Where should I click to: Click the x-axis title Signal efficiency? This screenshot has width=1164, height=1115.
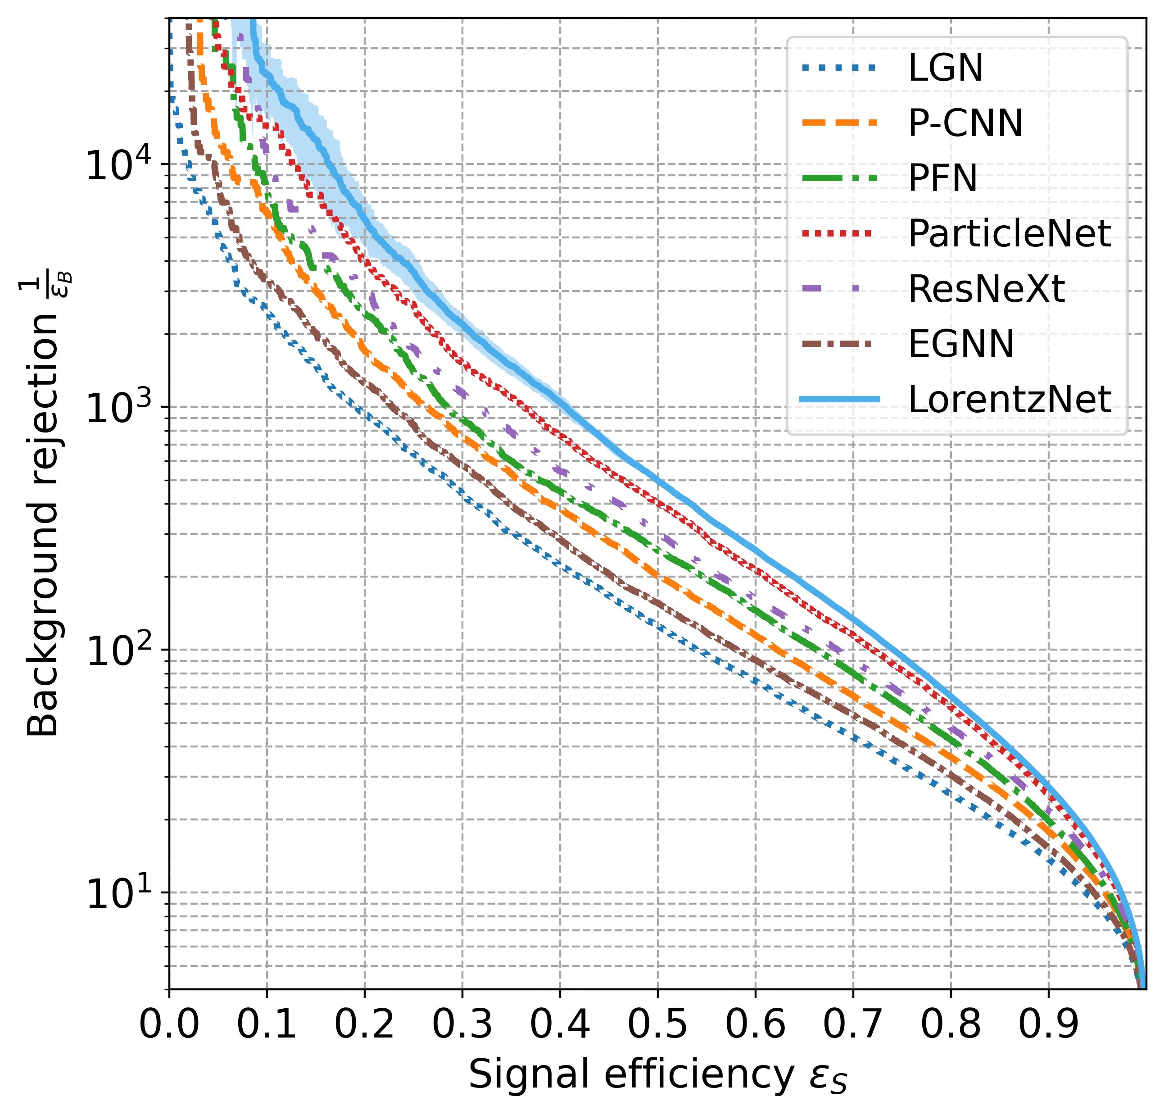click(657, 1075)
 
